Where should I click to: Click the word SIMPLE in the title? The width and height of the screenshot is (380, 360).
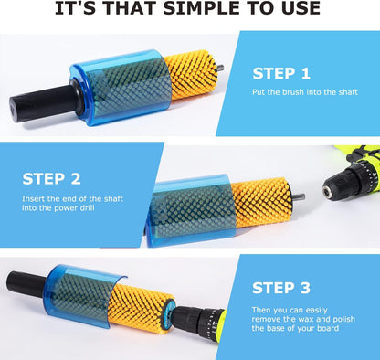pyautogui.click(x=201, y=8)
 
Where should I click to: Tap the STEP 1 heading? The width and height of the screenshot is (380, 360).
pyautogui.click(x=281, y=74)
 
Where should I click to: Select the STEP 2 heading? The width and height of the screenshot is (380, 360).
pyautogui.click(x=51, y=179)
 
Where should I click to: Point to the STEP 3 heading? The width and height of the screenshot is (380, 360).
pyautogui.click(x=281, y=288)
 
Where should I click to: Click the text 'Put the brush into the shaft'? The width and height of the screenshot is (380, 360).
pyautogui.click(x=305, y=92)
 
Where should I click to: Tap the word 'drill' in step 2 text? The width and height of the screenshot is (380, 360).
pyautogui.click(x=86, y=208)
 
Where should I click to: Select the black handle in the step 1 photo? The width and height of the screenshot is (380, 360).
pyautogui.click(x=43, y=102)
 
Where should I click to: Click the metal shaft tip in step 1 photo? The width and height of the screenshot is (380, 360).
pyautogui.click(x=220, y=68)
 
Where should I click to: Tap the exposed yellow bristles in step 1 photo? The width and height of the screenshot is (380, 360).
pyautogui.click(x=192, y=75)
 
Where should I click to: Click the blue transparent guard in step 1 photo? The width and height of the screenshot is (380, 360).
pyautogui.click(x=121, y=87)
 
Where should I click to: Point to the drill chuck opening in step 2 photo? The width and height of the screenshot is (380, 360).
pyautogui.click(x=328, y=192)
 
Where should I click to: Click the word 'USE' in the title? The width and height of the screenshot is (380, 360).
pyautogui.click(x=301, y=8)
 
